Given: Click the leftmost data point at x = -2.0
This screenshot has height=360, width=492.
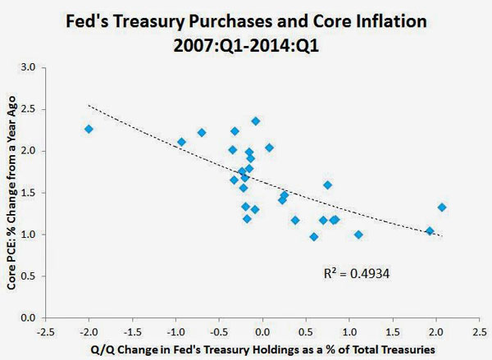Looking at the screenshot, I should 89,129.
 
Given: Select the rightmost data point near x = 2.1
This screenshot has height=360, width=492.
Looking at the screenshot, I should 442,207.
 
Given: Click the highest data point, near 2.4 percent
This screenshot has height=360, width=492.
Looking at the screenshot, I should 256,121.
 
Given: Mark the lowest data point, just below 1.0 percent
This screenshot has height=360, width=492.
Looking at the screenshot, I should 313,236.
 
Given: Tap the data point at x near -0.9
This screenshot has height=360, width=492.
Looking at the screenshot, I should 181,142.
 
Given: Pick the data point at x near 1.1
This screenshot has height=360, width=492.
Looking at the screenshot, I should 358,235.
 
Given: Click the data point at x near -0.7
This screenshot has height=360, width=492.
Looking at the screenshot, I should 202,133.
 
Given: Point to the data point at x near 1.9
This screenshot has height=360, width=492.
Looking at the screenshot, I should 430,231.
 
